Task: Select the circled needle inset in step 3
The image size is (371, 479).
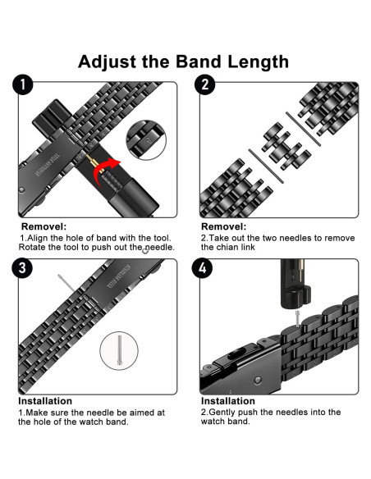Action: click(120, 349)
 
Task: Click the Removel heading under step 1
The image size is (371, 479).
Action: click(44, 226)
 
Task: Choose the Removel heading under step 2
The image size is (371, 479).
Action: click(223, 226)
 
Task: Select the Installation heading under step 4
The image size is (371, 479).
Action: click(229, 401)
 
